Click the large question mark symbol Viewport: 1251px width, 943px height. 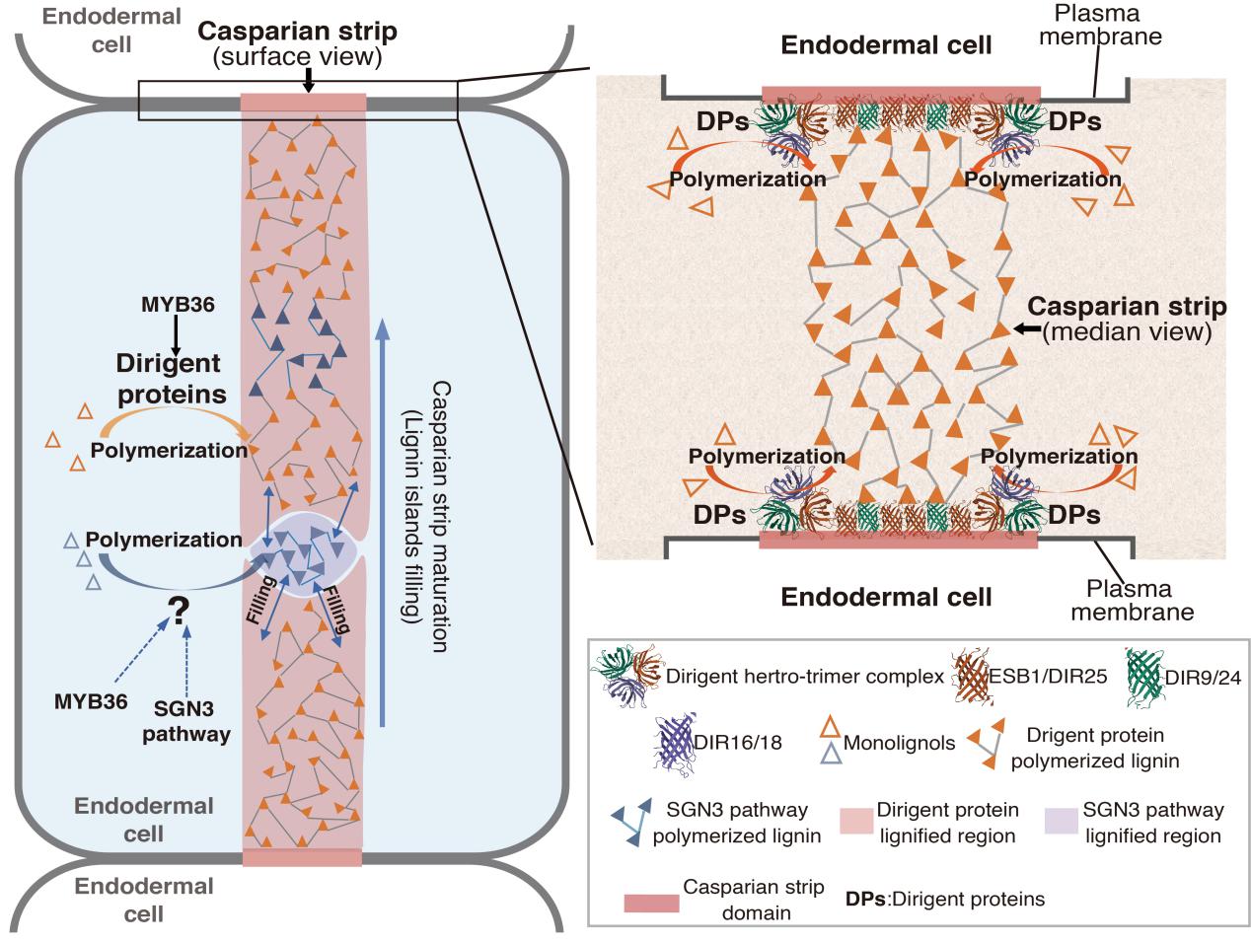pyautogui.click(x=179, y=611)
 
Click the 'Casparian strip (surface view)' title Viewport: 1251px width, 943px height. pyautogui.click(x=297, y=43)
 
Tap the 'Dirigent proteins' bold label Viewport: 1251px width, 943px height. pyautogui.click(x=170, y=379)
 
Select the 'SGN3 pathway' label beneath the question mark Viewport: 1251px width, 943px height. pyautogui.click(x=185, y=721)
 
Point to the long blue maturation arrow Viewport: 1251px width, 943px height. pyautogui.click(x=383, y=522)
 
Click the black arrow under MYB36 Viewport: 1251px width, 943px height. pyautogui.click(x=177, y=336)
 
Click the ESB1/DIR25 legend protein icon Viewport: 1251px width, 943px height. pyautogui.click(x=972, y=677)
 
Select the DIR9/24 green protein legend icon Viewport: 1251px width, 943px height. pyautogui.click(x=1144, y=678)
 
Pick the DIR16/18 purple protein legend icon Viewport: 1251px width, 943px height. pyautogui.click(x=676, y=743)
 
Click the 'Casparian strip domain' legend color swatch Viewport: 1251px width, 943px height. pyautogui.click(x=651, y=904)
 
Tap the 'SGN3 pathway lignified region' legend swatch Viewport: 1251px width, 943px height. pyautogui.click(x=1062, y=821)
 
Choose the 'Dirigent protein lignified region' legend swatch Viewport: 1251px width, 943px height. pyautogui.click(x=856, y=821)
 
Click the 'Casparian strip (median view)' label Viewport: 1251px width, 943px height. pyautogui.click(x=1127, y=319)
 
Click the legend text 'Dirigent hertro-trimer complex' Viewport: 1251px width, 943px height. pyautogui.click(x=805, y=677)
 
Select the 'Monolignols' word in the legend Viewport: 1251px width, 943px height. pyautogui.click(x=899, y=743)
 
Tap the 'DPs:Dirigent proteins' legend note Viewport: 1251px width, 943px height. pyautogui.click(x=945, y=900)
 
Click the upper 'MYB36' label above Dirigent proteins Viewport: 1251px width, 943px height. pyautogui.click(x=178, y=305)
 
